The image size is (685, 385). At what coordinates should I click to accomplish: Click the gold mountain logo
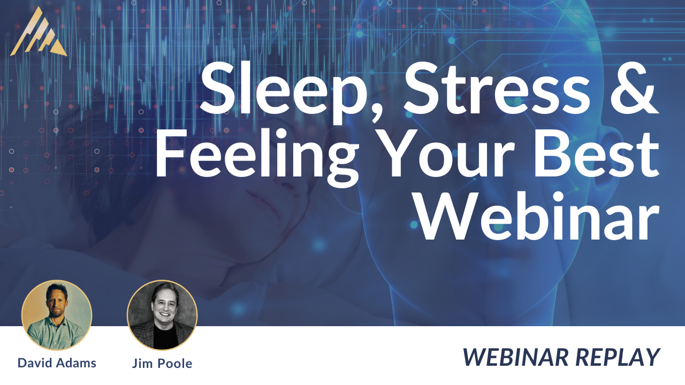point(39,32)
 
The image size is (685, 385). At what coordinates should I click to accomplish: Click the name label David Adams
point(57,363)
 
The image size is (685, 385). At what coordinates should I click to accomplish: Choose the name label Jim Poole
point(162,363)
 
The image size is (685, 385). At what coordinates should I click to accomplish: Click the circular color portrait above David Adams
point(57,315)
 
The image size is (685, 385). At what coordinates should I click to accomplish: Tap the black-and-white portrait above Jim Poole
point(162,315)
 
